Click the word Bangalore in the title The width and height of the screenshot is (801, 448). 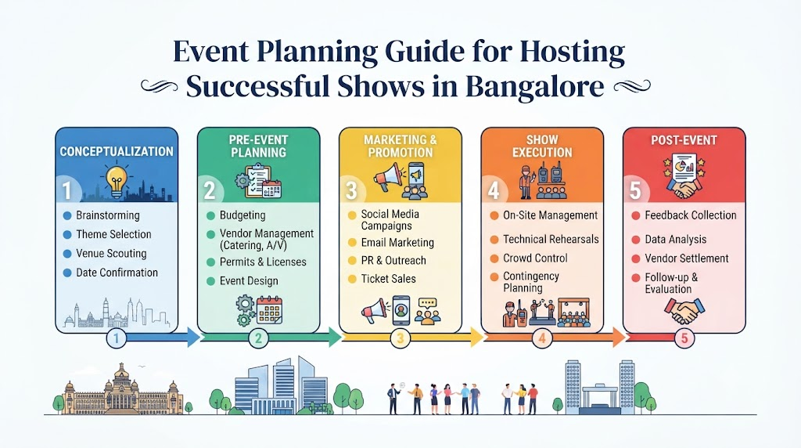(x=534, y=86)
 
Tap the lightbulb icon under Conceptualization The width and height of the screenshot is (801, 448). (x=117, y=181)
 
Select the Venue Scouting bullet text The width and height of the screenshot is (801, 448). (x=111, y=253)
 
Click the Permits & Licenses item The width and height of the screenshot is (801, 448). (x=263, y=262)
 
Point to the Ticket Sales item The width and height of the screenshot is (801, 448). (x=388, y=279)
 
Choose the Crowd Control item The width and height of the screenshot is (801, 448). (x=535, y=258)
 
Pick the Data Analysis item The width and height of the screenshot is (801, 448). (x=675, y=240)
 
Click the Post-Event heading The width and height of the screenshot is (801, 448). (x=684, y=140)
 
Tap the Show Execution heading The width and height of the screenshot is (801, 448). (x=542, y=146)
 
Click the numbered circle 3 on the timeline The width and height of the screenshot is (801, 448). (x=400, y=338)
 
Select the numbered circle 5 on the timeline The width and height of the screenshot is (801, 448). (x=684, y=338)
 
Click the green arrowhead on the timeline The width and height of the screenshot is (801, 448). (x=335, y=338)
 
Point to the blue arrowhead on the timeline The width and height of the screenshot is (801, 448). (x=194, y=338)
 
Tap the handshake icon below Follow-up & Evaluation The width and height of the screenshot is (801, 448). (x=684, y=311)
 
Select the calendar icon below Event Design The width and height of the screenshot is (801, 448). (x=269, y=309)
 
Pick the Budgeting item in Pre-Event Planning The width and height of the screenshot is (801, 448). (x=242, y=215)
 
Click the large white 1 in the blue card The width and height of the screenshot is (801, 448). (x=67, y=191)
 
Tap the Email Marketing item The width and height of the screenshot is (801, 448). (x=397, y=243)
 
